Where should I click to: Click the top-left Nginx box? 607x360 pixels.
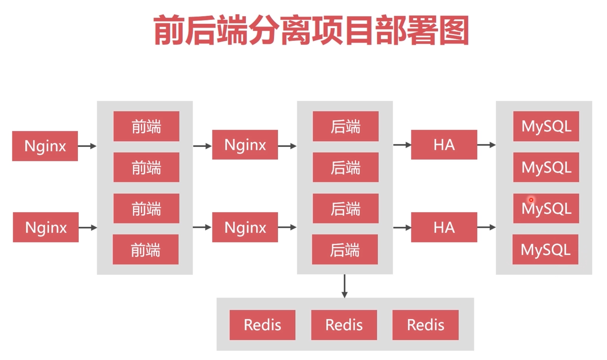(x=45, y=146)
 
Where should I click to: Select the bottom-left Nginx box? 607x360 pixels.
(x=46, y=227)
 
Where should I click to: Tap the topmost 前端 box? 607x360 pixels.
(x=146, y=126)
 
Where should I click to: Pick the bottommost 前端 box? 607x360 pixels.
(x=146, y=249)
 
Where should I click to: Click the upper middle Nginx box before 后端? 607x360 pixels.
(x=245, y=145)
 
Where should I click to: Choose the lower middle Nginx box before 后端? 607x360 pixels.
(x=245, y=227)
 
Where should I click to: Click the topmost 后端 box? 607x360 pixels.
(x=345, y=126)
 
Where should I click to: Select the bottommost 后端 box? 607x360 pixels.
(x=345, y=249)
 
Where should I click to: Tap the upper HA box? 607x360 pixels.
(x=444, y=145)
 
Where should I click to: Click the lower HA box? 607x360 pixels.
(x=444, y=227)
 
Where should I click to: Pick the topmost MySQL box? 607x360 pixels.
(x=546, y=126)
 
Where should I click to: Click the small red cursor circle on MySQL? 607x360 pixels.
(x=531, y=200)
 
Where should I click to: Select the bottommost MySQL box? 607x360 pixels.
(x=545, y=249)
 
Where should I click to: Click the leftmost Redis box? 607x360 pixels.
(x=262, y=325)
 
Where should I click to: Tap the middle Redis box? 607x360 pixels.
(x=344, y=325)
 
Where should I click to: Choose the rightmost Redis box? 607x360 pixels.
(x=425, y=325)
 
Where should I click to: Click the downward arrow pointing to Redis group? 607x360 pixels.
(x=344, y=286)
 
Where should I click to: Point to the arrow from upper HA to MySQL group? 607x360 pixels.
(x=486, y=145)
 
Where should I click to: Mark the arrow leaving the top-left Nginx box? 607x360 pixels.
(x=87, y=146)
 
